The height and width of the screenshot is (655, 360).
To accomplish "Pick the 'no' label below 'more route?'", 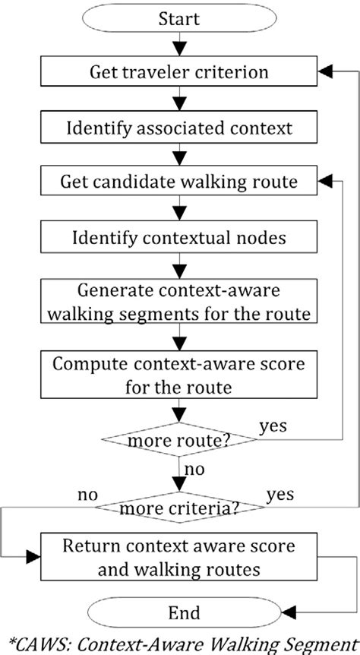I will [x=194, y=470].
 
